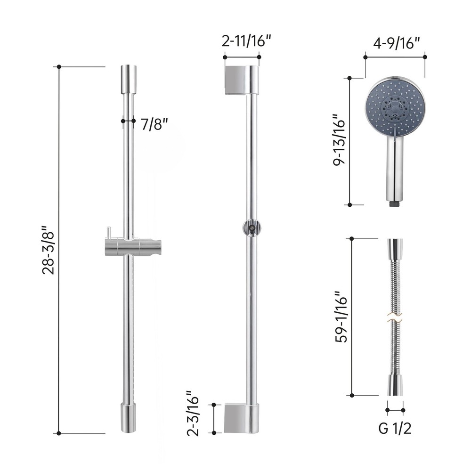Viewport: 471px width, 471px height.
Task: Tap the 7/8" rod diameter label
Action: click(x=154, y=124)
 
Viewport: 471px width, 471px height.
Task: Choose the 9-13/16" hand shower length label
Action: click(x=338, y=140)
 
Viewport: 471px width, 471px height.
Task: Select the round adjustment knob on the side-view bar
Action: click(x=252, y=228)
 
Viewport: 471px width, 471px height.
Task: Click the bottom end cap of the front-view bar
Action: click(x=129, y=418)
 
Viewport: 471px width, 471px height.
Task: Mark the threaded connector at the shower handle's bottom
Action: click(x=395, y=203)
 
